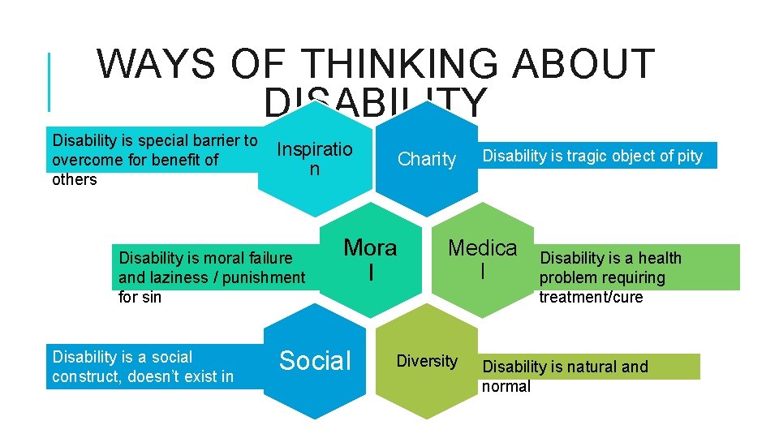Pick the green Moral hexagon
coord(371,260)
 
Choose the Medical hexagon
coord(483,260)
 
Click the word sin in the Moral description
coord(151,297)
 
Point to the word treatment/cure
coord(591,297)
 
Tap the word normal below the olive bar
coord(506,386)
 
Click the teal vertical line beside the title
coord(50,81)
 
